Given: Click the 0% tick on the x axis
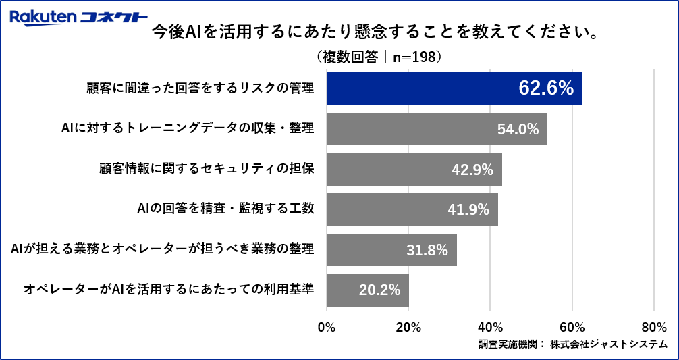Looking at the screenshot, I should click(x=327, y=327).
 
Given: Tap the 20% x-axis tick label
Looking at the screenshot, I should click(x=408, y=327).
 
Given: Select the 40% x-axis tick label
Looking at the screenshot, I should click(x=491, y=327).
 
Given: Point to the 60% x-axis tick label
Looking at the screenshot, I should click(x=572, y=327).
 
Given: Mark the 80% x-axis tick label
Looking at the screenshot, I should click(x=654, y=327).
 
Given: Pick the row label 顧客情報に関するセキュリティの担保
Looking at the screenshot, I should click(x=207, y=169).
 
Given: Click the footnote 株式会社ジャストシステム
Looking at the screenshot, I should click(x=609, y=344).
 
